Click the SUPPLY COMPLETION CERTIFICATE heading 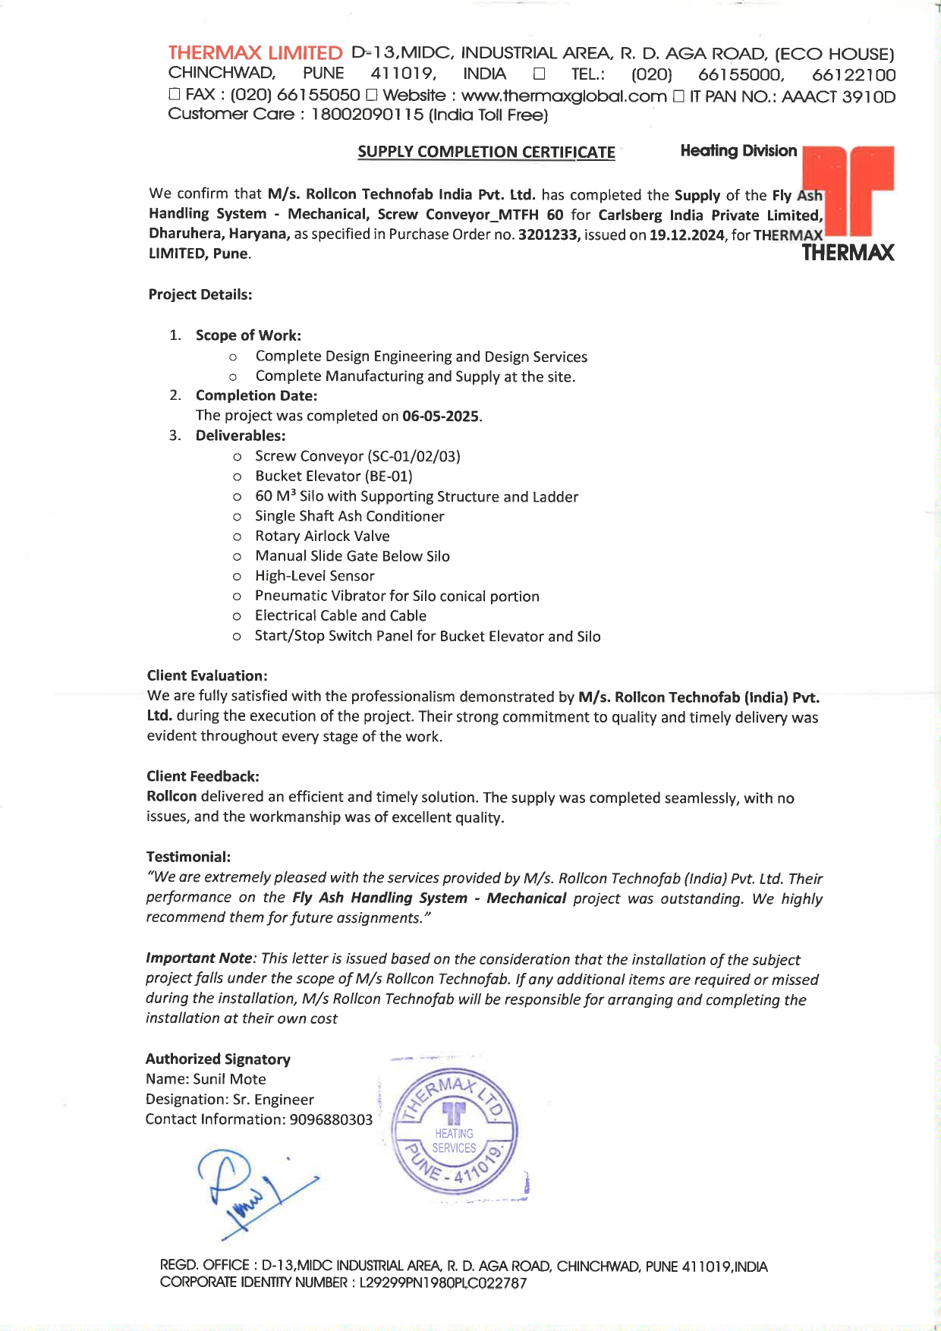486,152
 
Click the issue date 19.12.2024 687,234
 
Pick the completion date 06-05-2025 440,416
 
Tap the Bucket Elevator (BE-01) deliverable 334,476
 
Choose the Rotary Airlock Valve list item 323,536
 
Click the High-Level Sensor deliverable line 315,576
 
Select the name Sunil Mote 230,1079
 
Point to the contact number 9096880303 331,1119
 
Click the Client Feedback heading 203,776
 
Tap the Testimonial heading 188,857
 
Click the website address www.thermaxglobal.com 564,96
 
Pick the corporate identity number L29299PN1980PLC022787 443,1282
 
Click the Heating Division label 738,150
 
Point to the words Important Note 198,958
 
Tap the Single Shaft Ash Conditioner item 350,516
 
